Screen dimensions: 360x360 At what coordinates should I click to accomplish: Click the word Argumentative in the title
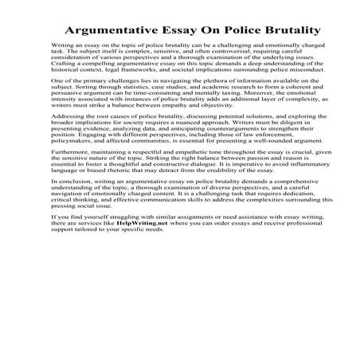click(x=111, y=32)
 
